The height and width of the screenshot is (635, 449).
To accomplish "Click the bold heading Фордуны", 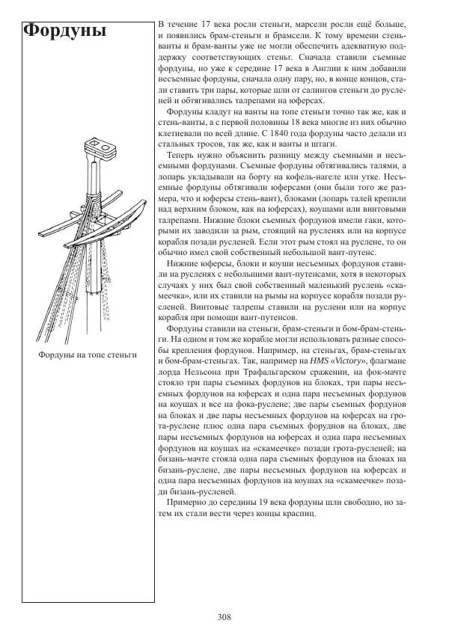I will [65, 31].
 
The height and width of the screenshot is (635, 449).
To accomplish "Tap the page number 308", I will [224, 617].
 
